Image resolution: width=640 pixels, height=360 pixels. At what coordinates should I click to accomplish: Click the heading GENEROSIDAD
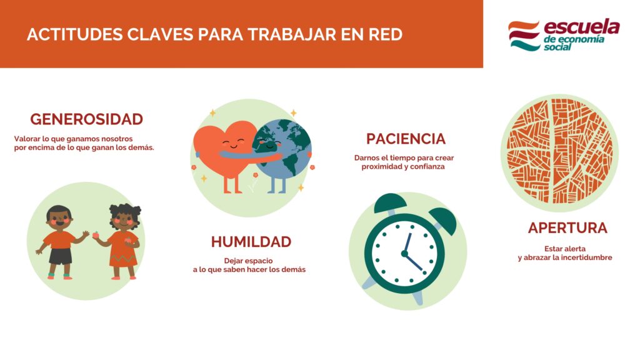86,119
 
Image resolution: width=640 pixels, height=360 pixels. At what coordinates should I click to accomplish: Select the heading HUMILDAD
251,242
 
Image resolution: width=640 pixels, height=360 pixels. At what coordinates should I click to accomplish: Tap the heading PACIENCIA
406,139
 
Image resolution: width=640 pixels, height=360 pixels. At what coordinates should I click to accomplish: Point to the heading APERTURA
567,227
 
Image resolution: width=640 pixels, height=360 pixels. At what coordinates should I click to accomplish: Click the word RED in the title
385,35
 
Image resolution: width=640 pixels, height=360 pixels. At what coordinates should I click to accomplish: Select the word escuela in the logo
582,27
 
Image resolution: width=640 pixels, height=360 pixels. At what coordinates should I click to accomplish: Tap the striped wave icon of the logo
524,36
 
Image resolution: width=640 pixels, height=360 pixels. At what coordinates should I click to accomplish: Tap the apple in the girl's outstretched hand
96,235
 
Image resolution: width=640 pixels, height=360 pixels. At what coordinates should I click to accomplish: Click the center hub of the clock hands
404,254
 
